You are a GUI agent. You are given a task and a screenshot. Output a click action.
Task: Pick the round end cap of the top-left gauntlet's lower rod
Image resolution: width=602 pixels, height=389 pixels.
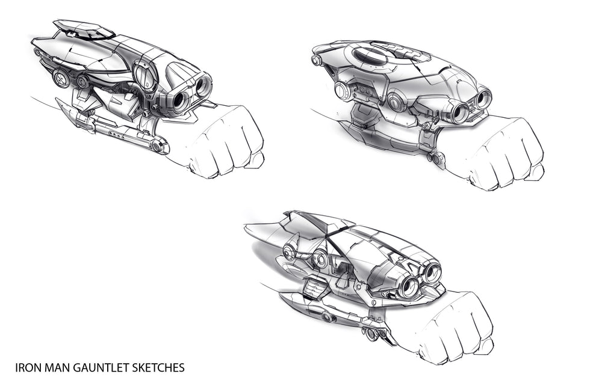[157, 146]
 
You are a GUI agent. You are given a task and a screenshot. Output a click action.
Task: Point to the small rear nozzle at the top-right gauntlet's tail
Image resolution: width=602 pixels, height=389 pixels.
[315, 60]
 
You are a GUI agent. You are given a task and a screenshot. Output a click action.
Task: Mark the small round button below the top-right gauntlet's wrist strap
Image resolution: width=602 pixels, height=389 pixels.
[437, 158]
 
